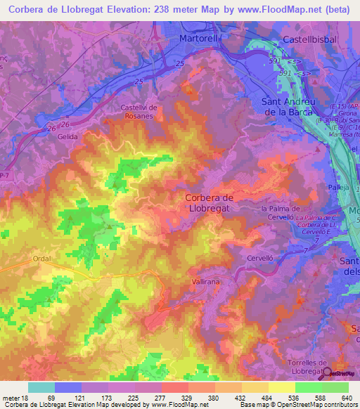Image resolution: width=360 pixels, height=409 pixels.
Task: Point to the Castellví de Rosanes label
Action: [141, 110]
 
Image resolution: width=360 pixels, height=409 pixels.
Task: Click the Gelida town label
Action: [68, 138]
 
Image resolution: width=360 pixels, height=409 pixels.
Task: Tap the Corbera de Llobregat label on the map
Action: [219, 203]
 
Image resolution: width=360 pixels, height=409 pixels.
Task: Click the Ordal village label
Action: [42, 259]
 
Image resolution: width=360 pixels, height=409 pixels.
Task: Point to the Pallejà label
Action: [338, 188]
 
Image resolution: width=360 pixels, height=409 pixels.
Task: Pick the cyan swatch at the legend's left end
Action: [41, 387]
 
